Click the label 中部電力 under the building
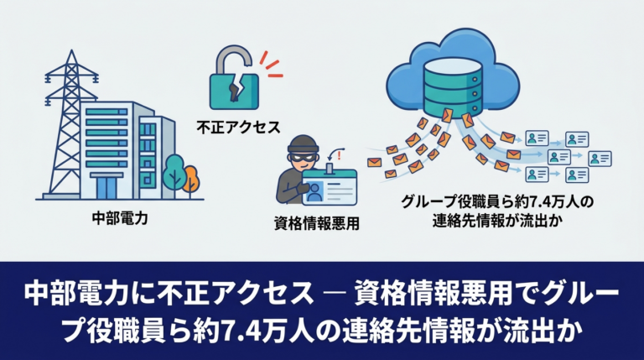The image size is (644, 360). coord(120,217)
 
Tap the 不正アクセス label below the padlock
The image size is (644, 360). coord(238,127)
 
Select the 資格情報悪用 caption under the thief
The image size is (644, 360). coord(317,223)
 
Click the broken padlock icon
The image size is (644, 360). coord(233,78)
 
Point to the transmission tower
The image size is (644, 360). coord(70,123)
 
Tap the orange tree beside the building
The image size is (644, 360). coord(191,180)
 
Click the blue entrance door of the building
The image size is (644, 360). coord(106,188)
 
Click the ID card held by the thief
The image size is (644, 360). coord(330,187)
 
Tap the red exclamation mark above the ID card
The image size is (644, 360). coord(339,154)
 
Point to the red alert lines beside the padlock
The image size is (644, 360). coord(270,64)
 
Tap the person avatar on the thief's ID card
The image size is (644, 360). coord(314,191)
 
